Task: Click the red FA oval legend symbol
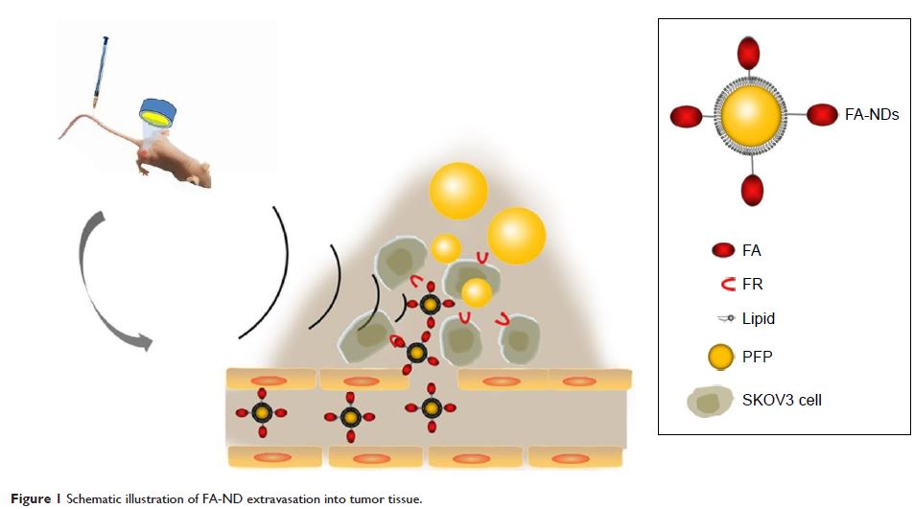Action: (720, 251)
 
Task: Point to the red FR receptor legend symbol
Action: (721, 284)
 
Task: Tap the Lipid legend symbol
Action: (721, 318)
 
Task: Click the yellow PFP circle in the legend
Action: (720, 357)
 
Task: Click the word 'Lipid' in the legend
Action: (759, 318)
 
